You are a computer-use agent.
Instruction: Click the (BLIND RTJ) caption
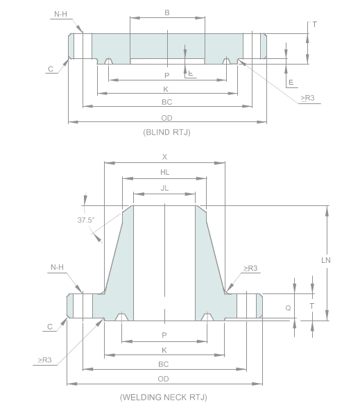pyautogui.click(x=166, y=131)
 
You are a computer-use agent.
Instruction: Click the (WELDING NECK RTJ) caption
pyautogui.click(x=163, y=398)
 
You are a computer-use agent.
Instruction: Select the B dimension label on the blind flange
pyautogui.click(x=166, y=12)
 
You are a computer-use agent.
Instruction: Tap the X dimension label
pyautogui.click(x=164, y=157)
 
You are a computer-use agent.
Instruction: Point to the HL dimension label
pyautogui.click(x=164, y=173)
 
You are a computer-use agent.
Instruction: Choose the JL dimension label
pyautogui.click(x=164, y=188)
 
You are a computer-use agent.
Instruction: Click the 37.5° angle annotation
pyautogui.click(x=86, y=220)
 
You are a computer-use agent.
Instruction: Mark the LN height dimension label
pyautogui.click(x=325, y=260)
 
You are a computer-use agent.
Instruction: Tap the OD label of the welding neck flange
pyautogui.click(x=164, y=378)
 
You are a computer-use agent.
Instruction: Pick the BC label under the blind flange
pyautogui.click(x=166, y=101)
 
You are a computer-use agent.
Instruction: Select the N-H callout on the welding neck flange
pyautogui.click(x=58, y=267)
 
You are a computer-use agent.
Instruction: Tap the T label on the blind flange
pyautogui.click(x=314, y=24)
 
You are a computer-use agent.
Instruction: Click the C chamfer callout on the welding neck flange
pyautogui.click(x=51, y=326)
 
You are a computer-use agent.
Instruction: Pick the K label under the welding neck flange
pyautogui.click(x=164, y=350)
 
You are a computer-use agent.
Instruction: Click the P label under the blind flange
pyautogui.click(x=166, y=75)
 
